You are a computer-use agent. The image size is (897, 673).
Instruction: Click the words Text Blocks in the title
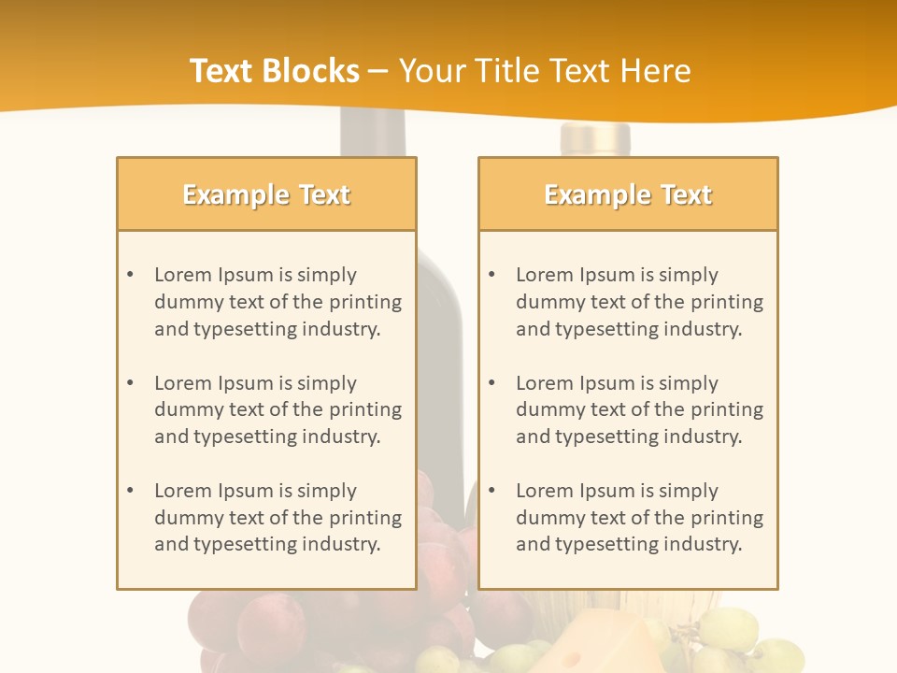click(x=275, y=71)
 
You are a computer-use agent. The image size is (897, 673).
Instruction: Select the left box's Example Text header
click(x=266, y=194)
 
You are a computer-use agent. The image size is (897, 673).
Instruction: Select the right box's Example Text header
click(x=628, y=194)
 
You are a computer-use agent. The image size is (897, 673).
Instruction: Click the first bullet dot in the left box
click(x=130, y=275)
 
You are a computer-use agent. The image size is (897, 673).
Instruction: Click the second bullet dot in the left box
click(x=130, y=383)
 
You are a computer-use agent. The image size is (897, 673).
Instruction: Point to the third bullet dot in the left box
click(x=130, y=491)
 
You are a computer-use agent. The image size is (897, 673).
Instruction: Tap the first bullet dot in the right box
click(x=491, y=275)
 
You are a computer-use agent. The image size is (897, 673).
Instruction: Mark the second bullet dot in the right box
click(x=491, y=383)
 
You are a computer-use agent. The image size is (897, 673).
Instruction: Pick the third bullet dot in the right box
click(x=491, y=491)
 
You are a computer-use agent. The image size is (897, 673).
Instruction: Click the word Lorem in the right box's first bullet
click(x=543, y=275)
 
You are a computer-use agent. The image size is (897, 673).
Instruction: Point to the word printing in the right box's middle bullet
click(x=725, y=409)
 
